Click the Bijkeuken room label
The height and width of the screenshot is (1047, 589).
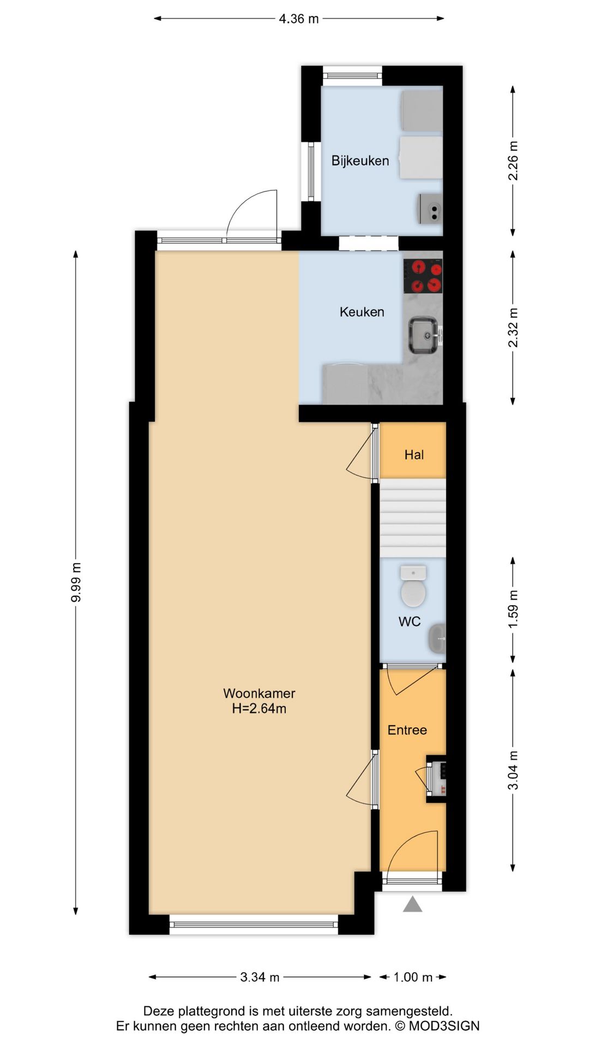click(x=360, y=161)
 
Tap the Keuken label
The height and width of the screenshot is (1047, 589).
click(x=362, y=312)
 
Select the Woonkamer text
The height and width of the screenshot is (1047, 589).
click(x=259, y=693)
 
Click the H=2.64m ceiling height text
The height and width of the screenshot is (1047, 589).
click(x=259, y=709)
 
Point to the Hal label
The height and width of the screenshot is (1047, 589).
click(x=414, y=455)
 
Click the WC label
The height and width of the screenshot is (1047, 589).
click(x=409, y=622)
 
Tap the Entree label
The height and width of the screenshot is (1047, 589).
click(x=407, y=730)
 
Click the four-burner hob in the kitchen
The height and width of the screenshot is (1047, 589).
click(x=423, y=276)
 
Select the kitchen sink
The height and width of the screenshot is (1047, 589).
click(x=423, y=335)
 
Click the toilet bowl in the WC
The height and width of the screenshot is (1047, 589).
click(x=413, y=592)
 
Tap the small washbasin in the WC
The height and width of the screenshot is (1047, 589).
click(x=437, y=638)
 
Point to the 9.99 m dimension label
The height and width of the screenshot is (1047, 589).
click(x=76, y=582)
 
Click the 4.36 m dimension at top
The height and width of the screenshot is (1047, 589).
click(x=298, y=19)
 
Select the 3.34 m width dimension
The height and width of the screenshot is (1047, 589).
click(x=260, y=977)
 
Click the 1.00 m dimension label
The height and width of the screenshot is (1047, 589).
click(x=413, y=977)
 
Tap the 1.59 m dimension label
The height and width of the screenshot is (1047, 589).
click(x=513, y=609)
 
